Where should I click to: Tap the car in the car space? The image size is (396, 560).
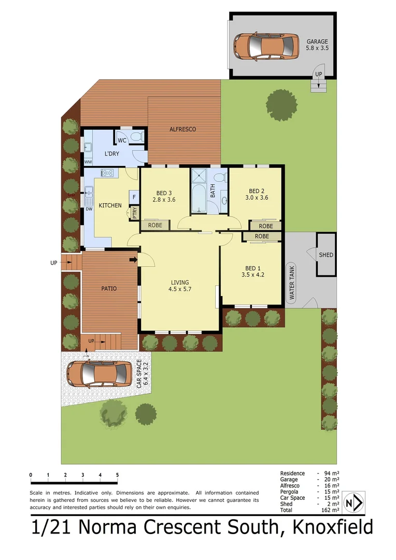click(x=99, y=374)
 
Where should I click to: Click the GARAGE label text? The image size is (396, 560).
click(x=317, y=41)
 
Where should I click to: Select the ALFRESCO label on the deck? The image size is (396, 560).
click(x=183, y=129)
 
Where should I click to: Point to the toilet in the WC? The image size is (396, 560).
click(x=136, y=137)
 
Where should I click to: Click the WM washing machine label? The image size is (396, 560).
click(x=88, y=162)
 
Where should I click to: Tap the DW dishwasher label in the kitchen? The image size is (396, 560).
click(x=89, y=209)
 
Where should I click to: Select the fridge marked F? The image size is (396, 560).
click(x=134, y=197)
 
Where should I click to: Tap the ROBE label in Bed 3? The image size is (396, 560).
click(x=155, y=226)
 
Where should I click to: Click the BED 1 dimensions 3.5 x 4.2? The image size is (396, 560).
click(x=253, y=275)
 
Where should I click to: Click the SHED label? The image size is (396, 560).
click(x=326, y=255)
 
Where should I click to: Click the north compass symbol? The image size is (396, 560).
click(x=352, y=503)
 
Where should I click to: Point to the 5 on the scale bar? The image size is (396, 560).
click(x=117, y=475)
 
